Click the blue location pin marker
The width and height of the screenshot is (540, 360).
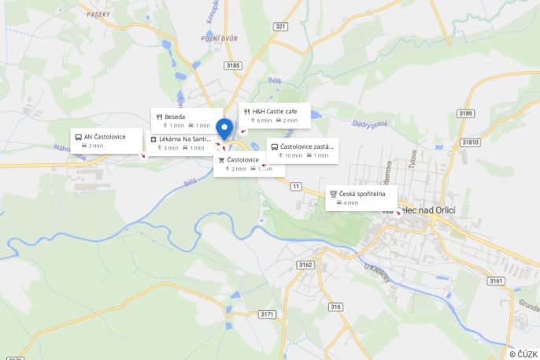click(x=224, y=128)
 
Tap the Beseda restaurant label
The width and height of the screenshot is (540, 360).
click(x=176, y=117)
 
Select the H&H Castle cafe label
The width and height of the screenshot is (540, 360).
click(x=275, y=112)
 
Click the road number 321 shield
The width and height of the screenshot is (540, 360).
click(x=280, y=26)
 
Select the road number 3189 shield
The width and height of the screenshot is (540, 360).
click(x=465, y=113)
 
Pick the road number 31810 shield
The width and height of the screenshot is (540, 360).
click(x=470, y=142)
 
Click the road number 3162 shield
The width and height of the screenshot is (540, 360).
click(x=306, y=264)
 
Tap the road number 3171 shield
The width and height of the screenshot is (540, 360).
click(x=267, y=314)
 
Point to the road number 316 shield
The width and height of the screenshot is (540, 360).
click(x=336, y=306)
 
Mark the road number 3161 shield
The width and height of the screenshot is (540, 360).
click(x=495, y=280)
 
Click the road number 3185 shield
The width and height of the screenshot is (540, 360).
click(x=232, y=65)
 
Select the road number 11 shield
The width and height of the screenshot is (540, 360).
click(x=295, y=186)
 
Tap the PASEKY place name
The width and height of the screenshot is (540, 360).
click(x=99, y=14)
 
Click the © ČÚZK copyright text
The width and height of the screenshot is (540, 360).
click(x=523, y=354)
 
